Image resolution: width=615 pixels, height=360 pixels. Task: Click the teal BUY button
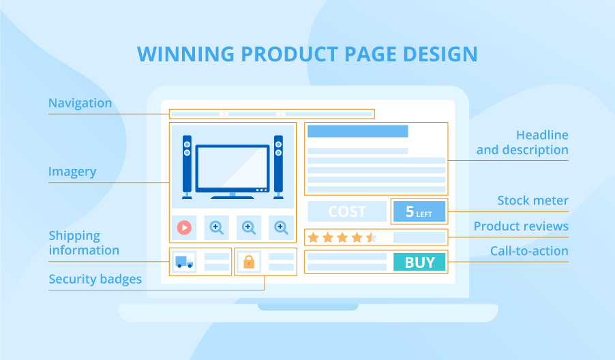419,262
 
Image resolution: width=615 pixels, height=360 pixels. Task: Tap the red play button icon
184,227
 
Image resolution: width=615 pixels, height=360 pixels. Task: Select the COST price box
347,211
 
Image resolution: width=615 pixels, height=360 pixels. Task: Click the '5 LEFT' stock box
419,211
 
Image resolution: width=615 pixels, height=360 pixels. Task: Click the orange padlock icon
248,262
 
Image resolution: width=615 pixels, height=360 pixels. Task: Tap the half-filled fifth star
371,237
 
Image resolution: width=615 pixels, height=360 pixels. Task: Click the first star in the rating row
314,237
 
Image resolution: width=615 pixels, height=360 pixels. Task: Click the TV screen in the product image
232,168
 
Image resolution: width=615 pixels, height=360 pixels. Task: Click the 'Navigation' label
80,104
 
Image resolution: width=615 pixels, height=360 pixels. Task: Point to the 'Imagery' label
72,172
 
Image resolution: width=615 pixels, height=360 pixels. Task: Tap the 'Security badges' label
95,279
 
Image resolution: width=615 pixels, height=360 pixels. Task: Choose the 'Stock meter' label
532,200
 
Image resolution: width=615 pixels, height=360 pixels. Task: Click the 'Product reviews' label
521,226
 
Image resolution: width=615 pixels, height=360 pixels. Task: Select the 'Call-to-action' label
529,251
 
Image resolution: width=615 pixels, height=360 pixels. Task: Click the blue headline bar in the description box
358,132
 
